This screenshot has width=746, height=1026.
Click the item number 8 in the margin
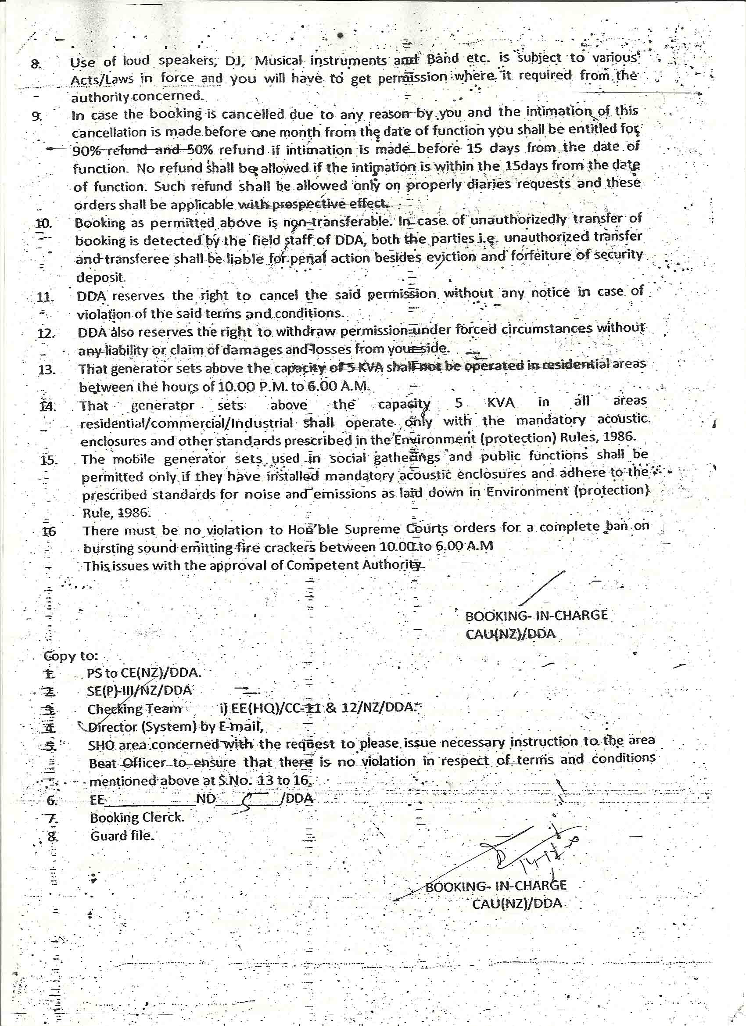(36, 64)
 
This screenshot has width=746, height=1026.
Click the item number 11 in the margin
(45, 297)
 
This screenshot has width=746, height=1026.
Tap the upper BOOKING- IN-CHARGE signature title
(536, 615)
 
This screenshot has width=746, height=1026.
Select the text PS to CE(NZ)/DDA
(144, 673)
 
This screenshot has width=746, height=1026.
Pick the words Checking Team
(134, 709)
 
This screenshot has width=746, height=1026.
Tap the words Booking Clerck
(136, 818)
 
